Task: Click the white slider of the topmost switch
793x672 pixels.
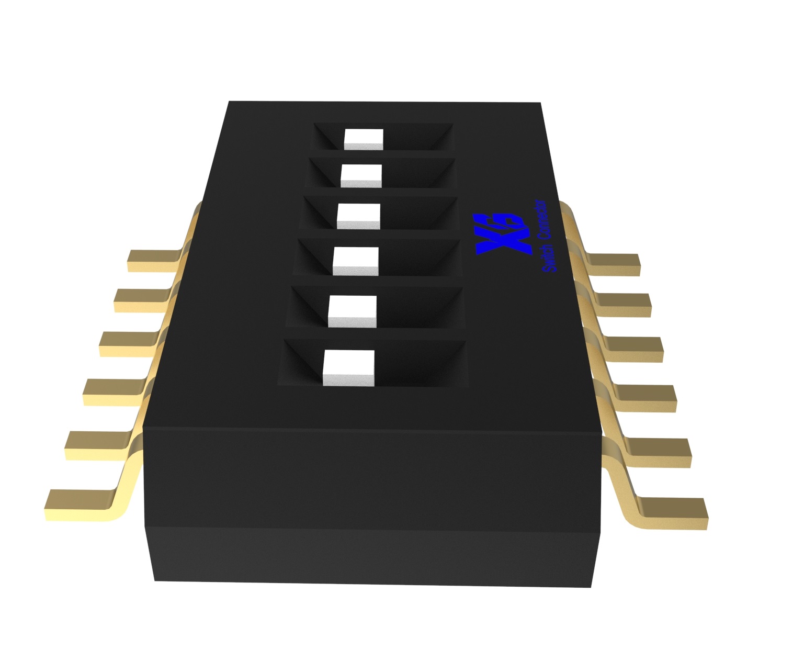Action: coord(364,139)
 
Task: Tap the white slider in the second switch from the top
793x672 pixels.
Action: coord(361,176)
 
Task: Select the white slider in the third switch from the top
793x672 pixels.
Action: coord(359,217)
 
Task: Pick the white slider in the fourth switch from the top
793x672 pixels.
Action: coord(356,261)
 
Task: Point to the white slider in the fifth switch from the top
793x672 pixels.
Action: coord(352,311)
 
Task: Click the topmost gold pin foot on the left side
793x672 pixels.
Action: coord(153,261)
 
